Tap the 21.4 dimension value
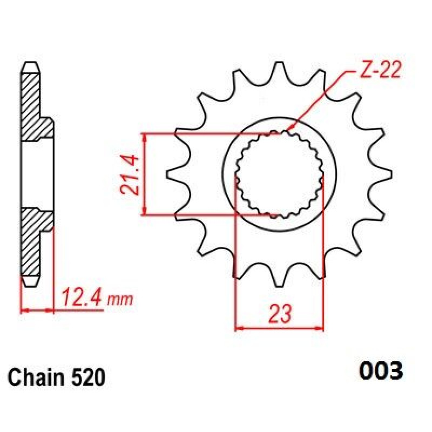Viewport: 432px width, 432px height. pyautogui.click(x=129, y=175)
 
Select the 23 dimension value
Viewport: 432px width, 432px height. pyautogui.click(x=280, y=313)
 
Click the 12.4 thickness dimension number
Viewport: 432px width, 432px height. pyautogui.click(x=82, y=298)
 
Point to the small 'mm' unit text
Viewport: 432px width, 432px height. pyautogui.click(x=120, y=300)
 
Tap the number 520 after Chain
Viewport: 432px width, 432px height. pyautogui.click(x=89, y=377)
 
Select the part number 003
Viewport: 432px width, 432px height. pyautogui.click(x=381, y=371)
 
